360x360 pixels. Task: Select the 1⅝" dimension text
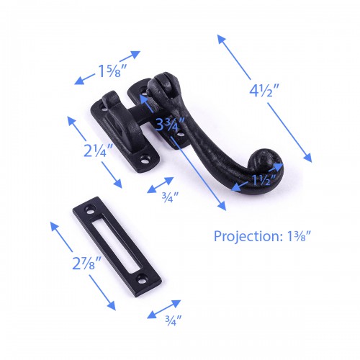(114, 71)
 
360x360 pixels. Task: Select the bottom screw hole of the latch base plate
(148, 163)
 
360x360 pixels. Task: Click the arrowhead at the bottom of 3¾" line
(223, 207)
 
